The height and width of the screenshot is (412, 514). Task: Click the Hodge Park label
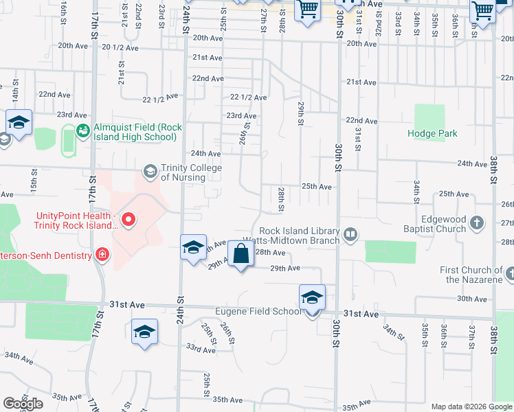tap(432, 133)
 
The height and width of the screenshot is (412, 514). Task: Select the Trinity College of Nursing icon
tap(149, 170)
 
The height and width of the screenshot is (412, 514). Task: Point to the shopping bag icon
tap(241, 254)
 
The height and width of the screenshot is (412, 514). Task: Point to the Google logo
tap(23, 404)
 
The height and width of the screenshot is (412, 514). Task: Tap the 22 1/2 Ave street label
tap(249, 98)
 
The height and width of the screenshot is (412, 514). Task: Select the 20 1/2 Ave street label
tap(120, 47)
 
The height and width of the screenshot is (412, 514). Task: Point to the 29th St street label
tap(301, 113)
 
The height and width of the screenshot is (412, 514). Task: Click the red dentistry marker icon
tap(102, 255)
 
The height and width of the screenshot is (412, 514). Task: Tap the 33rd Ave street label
tap(201, 350)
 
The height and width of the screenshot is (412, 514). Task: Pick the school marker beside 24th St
tap(194, 247)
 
